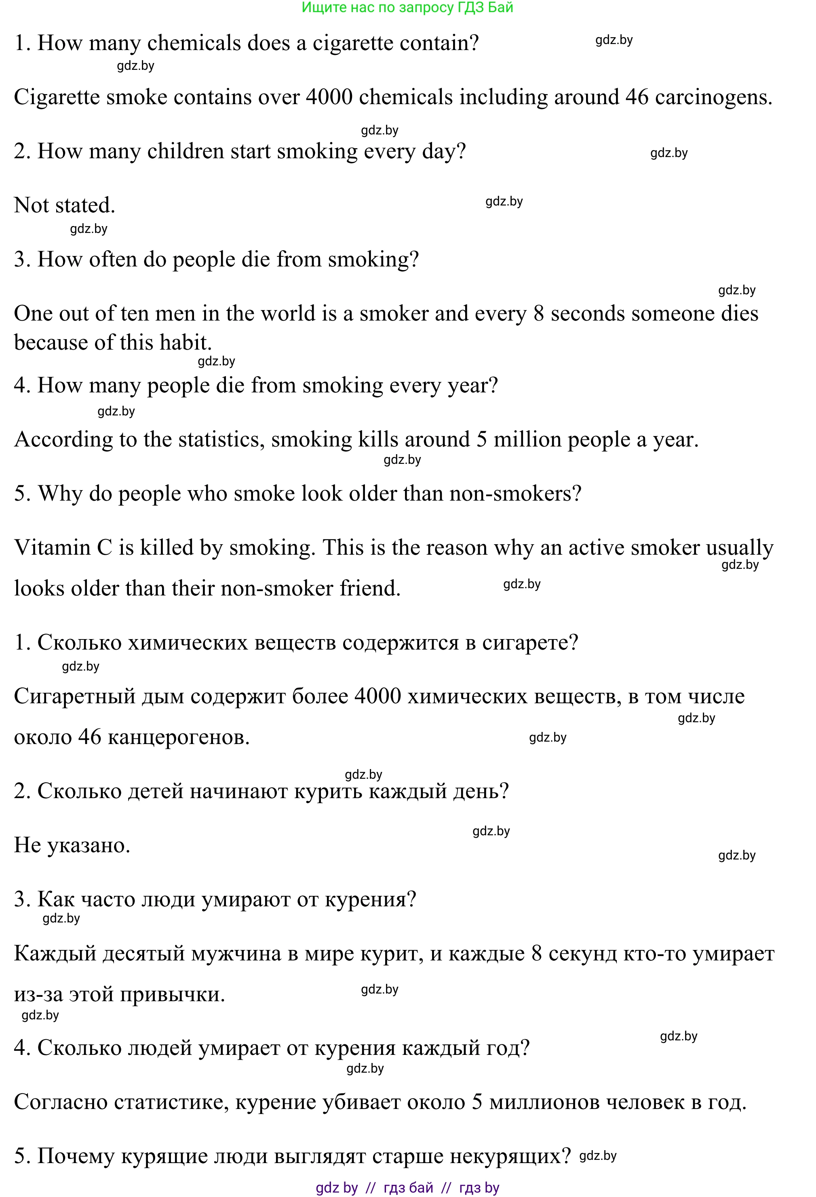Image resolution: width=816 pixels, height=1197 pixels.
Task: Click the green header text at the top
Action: [x=407, y=8]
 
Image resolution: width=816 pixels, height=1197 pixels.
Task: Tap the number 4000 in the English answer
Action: [x=329, y=97]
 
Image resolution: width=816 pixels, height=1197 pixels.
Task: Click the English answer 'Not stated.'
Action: [x=64, y=205]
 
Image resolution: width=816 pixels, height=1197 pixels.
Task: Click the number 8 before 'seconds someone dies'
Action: [x=539, y=314]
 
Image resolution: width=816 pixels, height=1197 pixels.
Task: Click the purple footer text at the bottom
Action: [x=407, y=1188]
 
